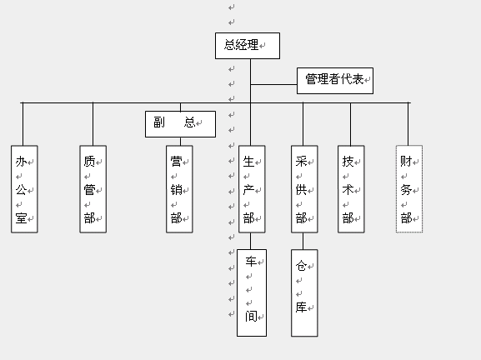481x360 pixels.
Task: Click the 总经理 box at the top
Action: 248,46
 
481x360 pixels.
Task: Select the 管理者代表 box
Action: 335,81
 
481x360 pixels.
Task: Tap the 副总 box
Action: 180,124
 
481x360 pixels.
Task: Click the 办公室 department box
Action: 24,189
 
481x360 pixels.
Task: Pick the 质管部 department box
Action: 93,189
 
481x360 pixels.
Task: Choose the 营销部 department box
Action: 179,189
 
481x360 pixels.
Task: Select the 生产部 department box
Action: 252,189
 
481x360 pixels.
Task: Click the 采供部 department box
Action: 304,189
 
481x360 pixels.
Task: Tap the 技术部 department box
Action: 351,189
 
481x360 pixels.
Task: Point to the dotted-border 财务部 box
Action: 409,189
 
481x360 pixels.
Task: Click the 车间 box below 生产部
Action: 252,292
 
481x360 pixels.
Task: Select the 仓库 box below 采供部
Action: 304,292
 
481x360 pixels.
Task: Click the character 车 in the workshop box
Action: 251,262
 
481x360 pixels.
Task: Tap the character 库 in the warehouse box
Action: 301,307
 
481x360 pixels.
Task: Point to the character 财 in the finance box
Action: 406,161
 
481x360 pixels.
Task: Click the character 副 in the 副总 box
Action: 159,122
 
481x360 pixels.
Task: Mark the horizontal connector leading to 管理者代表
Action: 273,84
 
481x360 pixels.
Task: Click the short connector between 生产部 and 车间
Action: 250,241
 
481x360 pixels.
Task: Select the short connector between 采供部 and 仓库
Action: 303,241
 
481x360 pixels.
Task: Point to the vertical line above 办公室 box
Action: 23,124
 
